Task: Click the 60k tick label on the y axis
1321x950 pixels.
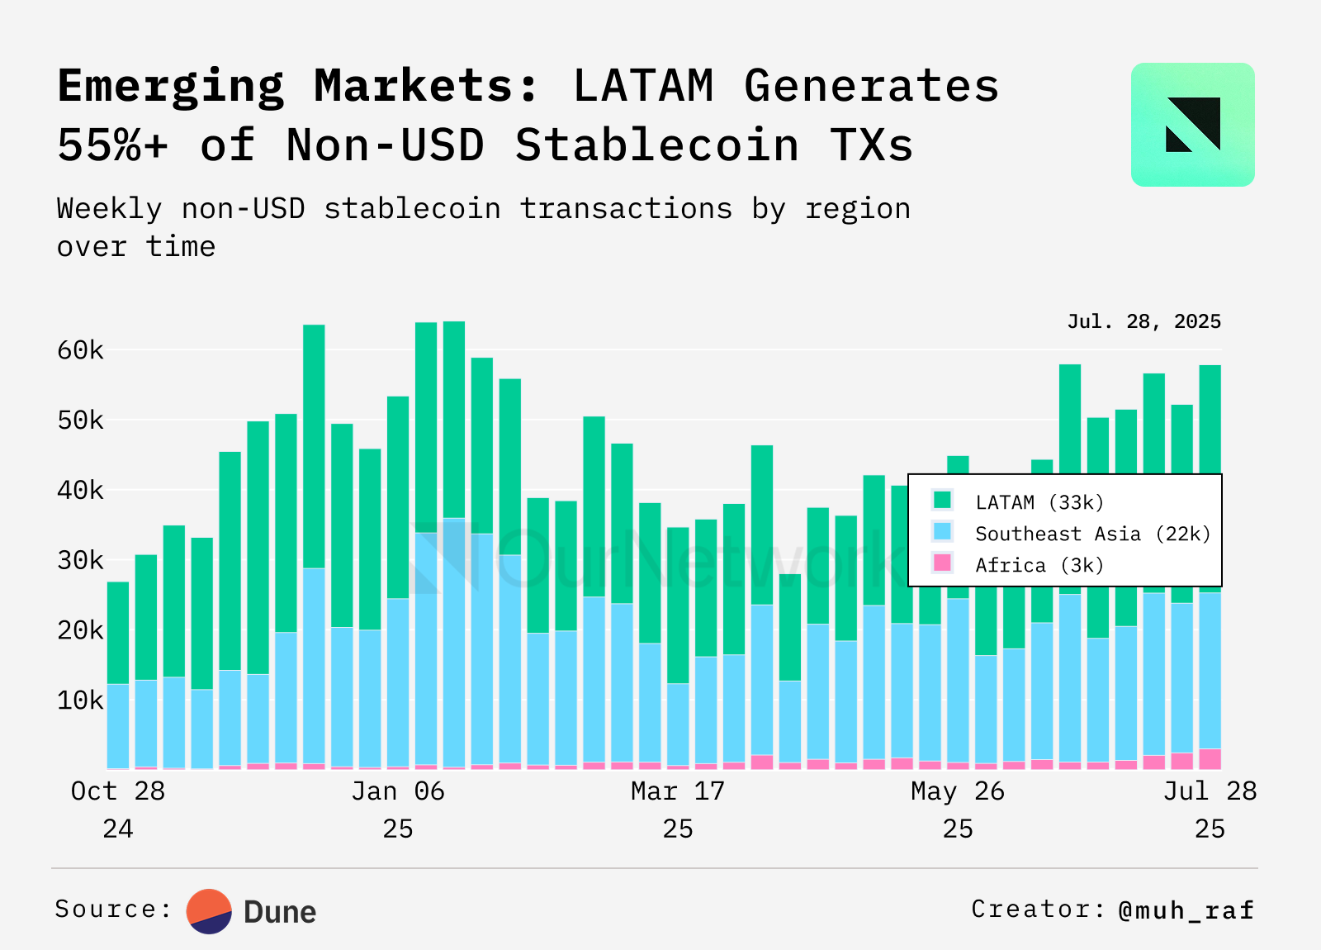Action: pyautogui.click(x=80, y=350)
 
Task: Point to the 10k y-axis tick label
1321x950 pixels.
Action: pyautogui.click(x=80, y=701)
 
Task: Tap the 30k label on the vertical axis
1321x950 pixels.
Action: pyautogui.click(x=80, y=561)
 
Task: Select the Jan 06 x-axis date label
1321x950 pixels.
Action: pyautogui.click(x=398, y=791)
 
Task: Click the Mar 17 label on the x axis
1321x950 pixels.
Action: pyautogui.click(x=677, y=791)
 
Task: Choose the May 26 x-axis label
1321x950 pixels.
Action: pyautogui.click(x=958, y=791)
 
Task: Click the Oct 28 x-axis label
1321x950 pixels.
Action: pyautogui.click(x=118, y=791)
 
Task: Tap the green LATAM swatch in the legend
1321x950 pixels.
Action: pyautogui.click(x=942, y=500)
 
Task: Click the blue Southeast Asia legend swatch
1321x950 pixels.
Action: pyautogui.click(x=942, y=531)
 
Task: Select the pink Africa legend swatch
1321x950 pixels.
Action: pyautogui.click(x=942, y=563)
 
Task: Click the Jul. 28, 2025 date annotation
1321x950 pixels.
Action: pyautogui.click(x=1143, y=321)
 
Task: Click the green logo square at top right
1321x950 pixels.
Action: pyautogui.click(x=1192, y=125)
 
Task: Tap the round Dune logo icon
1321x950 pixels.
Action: pyautogui.click(x=209, y=911)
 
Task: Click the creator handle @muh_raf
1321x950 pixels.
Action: pyautogui.click(x=1186, y=910)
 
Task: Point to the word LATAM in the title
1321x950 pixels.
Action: pyautogui.click(x=643, y=86)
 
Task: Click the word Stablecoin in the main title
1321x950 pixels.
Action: pyautogui.click(x=657, y=145)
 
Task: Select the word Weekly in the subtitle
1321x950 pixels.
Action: pyautogui.click(x=109, y=209)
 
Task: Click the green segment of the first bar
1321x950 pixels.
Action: pyautogui.click(x=118, y=633)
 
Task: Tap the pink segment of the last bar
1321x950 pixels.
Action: pyautogui.click(x=1210, y=759)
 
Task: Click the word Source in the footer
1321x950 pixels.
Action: pyautogui.click(x=106, y=910)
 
